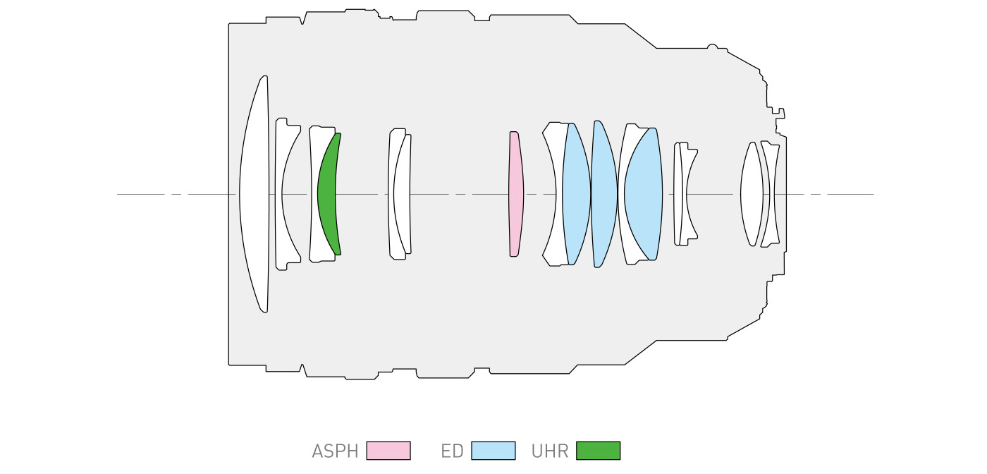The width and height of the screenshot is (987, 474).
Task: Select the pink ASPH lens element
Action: [x=516, y=194]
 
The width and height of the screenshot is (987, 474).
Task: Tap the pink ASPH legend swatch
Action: [x=388, y=451]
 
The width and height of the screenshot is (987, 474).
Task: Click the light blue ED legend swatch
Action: [x=493, y=451]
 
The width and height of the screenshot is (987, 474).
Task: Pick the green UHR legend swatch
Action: [x=598, y=451]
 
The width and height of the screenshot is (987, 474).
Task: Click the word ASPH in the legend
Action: [x=335, y=451]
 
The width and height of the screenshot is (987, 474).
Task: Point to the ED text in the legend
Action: [x=452, y=451]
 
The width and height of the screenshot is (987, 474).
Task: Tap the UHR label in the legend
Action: [x=550, y=451]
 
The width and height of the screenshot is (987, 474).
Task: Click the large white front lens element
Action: [x=255, y=194]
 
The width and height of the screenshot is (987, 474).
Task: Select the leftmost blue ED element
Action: [x=577, y=194]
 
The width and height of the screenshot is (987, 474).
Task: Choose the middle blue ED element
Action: [x=603, y=194]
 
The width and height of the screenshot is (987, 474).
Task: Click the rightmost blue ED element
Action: [x=643, y=194]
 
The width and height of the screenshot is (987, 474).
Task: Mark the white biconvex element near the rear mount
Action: [x=752, y=194]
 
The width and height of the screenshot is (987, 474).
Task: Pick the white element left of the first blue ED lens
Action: [x=554, y=194]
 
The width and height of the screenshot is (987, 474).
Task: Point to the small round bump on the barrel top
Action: [x=712, y=46]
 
